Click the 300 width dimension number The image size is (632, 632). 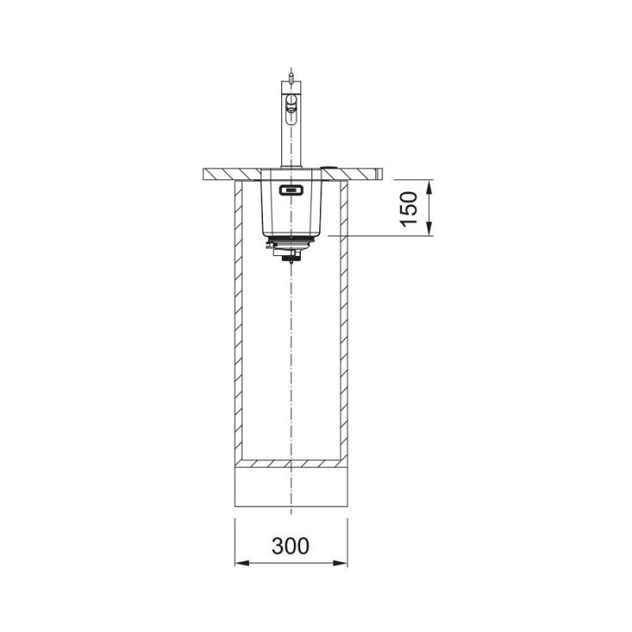coord(290,546)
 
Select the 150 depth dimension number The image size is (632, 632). coord(408,209)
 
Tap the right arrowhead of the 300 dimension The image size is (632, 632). coord(340,563)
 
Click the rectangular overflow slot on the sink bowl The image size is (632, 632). coord(291,190)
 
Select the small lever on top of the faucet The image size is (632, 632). coord(291,76)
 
